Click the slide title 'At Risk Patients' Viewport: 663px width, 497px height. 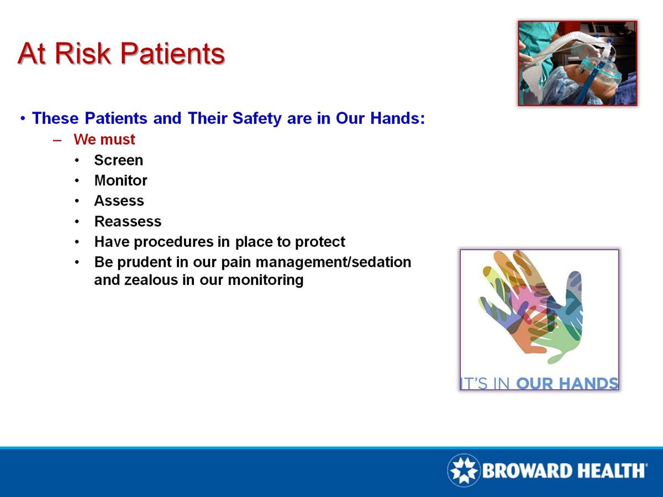coord(121,54)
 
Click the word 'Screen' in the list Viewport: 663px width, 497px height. coord(118,160)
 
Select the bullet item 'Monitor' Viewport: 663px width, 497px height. coord(120,181)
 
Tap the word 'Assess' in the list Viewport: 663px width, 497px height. coord(119,201)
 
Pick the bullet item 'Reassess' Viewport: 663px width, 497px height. coord(128,221)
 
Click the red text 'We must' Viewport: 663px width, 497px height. coord(104,140)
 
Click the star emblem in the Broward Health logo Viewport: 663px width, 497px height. coord(463,470)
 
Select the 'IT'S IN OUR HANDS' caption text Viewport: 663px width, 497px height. coord(539,383)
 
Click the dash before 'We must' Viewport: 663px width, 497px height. coord(57,140)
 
